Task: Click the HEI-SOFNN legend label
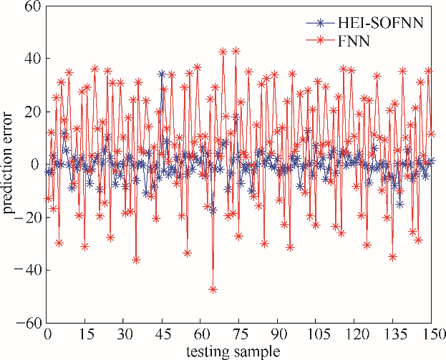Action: tap(385, 23)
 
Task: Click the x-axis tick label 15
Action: tap(86, 335)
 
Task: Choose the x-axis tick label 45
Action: tap(163, 335)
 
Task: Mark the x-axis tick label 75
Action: tap(240, 335)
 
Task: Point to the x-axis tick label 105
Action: tap(316, 335)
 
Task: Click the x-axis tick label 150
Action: tap(432, 335)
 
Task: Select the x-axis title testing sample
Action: tap(239, 351)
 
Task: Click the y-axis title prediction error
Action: tap(9, 165)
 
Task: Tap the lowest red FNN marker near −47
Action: tap(213, 289)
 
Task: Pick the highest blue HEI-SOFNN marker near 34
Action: tap(162, 74)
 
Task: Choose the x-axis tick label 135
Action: tap(393, 335)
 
